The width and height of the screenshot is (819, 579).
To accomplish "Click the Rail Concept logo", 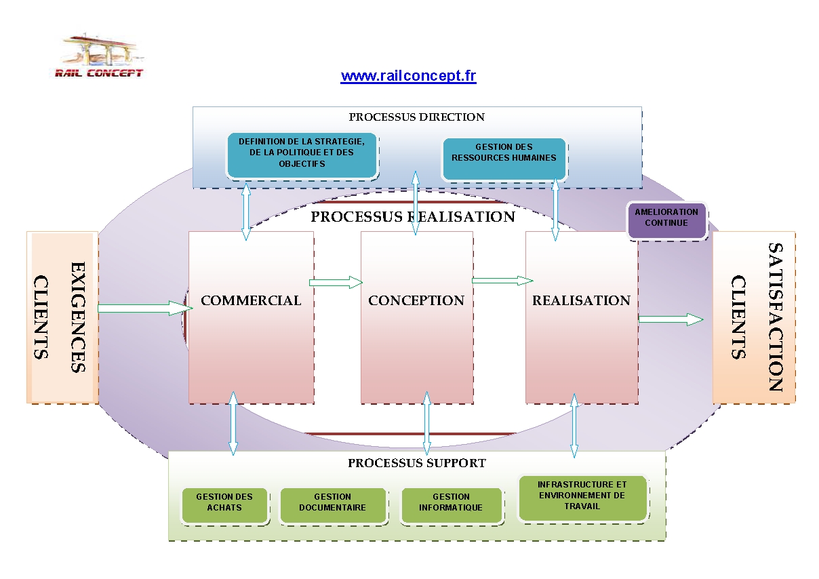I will click(99, 57).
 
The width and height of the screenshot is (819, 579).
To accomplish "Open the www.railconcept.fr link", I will click(408, 76).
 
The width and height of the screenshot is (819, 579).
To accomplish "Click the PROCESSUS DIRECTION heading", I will click(416, 117).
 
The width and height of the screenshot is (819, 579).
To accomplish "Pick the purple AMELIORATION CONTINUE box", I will click(666, 218).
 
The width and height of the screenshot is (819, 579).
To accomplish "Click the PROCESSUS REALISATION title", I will click(413, 217).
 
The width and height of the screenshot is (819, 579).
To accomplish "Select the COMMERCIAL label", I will click(251, 300).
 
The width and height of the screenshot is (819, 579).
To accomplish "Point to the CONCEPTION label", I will click(416, 300).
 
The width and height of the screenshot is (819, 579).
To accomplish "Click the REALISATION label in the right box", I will click(581, 300).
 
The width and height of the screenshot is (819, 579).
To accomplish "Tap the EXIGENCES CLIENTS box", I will click(62, 317).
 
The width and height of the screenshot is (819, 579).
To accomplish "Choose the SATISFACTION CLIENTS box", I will click(754, 317).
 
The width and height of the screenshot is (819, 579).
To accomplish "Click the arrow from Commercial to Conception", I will click(336, 282).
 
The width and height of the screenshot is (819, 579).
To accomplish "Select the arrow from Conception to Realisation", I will click(502, 280).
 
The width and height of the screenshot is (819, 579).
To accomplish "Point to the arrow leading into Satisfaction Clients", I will click(671, 319).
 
